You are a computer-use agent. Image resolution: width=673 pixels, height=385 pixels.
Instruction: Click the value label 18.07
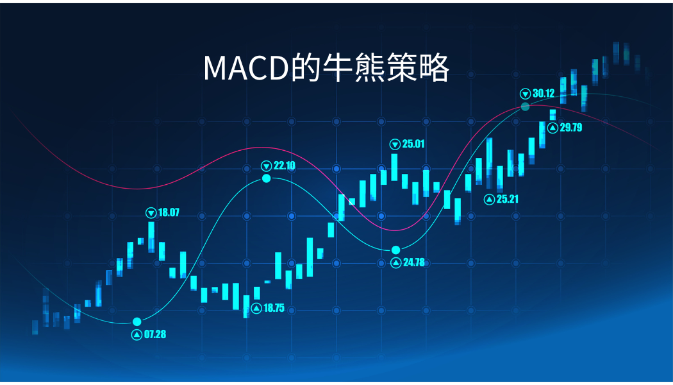pos(169,212)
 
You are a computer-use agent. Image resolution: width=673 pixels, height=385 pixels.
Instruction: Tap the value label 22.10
pos(285,166)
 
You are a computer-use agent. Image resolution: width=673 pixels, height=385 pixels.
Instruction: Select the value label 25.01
pos(413,144)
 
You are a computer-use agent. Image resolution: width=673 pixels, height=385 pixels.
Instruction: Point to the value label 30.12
pos(544,93)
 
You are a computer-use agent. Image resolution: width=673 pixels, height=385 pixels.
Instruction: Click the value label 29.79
pos(571,127)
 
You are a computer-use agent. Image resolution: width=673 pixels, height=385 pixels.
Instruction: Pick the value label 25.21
pos(508,199)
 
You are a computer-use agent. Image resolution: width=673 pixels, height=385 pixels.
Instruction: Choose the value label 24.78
pos(414,262)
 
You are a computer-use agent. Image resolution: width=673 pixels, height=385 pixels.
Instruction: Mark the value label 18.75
pos(274,307)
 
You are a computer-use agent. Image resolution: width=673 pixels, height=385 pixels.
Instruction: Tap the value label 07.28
pos(155,334)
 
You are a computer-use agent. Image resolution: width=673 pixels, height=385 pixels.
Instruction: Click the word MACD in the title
pos(246,68)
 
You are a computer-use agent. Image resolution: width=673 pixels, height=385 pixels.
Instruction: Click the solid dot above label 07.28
pos(137,322)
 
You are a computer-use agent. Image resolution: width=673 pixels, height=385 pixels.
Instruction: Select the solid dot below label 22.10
pos(267,178)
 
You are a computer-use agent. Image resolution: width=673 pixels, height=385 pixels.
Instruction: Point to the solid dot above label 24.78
pos(395,250)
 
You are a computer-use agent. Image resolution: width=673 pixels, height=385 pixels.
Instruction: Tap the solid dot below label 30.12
pos(525,107)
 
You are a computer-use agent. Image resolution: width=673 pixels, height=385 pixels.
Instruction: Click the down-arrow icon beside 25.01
pos(395,144)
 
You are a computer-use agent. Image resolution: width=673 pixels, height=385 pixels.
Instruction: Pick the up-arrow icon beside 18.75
pos(256,308)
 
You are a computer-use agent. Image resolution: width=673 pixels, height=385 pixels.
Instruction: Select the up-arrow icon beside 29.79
pos(553,128)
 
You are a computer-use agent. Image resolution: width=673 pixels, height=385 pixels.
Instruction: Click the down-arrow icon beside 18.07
pos(151,212)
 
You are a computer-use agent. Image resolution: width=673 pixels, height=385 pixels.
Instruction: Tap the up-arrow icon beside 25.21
pos(489,200)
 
